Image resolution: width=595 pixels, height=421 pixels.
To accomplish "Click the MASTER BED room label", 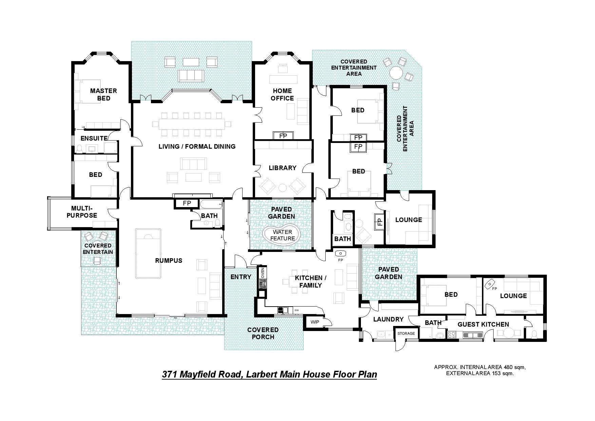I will [x=103, y=94].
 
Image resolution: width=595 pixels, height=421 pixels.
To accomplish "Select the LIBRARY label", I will [x=283, y=168].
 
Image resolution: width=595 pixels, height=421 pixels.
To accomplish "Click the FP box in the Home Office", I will [x=283, y=136].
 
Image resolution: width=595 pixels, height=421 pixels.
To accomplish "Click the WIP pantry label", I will [x=315, y=322].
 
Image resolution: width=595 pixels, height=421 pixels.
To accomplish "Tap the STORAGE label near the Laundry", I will [x=406, y=333].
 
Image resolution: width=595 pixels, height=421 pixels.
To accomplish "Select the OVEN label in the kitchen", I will [x=263, y=273].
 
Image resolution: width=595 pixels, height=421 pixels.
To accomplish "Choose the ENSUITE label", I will [x=94, y=138].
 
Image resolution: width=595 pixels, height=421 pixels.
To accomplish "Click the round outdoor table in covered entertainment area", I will [x=396, y=73].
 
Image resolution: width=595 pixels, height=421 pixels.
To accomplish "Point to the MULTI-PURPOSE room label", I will [x=82, y=212].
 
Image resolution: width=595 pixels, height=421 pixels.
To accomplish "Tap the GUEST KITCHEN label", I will [x=483, y=324].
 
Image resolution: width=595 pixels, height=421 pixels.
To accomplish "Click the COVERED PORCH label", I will [x=263, y=333].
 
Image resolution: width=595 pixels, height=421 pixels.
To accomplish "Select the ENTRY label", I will [x=241, y=277].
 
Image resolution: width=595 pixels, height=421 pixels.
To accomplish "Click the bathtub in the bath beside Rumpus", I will [x=211, y=205].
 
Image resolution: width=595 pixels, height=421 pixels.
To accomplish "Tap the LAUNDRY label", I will [x=388, y=319].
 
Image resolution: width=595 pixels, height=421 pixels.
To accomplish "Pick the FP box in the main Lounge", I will [x=380, y=221].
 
